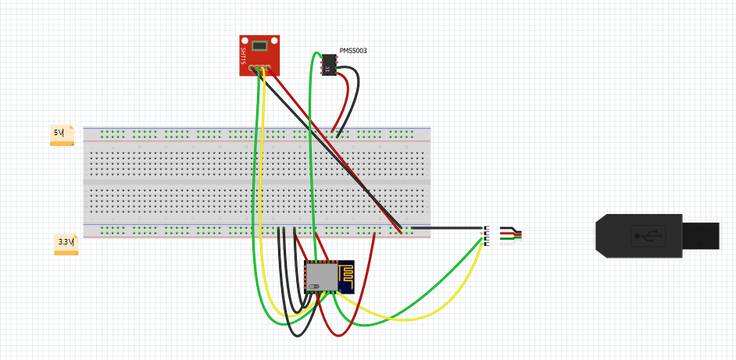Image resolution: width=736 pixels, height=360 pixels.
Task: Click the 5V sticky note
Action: coord(62,135)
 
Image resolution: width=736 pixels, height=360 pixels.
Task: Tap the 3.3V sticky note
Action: coord(66,244)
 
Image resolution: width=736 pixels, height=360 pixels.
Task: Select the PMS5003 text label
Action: coord(353,51)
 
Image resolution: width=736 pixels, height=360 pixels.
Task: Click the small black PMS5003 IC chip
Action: coord(329,64)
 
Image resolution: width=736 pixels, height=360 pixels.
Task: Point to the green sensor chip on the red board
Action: coord(259,46)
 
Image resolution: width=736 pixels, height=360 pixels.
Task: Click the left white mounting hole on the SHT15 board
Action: coord(245,41)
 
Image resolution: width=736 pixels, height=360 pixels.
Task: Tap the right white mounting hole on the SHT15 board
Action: coord(274,41)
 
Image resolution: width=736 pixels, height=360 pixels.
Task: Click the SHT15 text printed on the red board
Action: coord(243,56)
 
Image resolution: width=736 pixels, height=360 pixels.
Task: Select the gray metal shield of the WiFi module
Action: coord(322,276)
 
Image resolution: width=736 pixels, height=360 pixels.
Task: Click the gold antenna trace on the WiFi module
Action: coord(346,276)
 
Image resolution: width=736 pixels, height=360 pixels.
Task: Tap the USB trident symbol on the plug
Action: coord(648,236)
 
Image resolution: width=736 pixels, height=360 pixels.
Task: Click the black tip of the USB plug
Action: coord(700,236)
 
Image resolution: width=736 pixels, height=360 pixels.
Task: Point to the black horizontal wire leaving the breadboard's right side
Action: coord(447,228)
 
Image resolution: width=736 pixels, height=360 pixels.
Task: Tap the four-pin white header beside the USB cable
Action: coord(486,236)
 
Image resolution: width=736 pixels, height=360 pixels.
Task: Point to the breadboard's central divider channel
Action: coord(257,182)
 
